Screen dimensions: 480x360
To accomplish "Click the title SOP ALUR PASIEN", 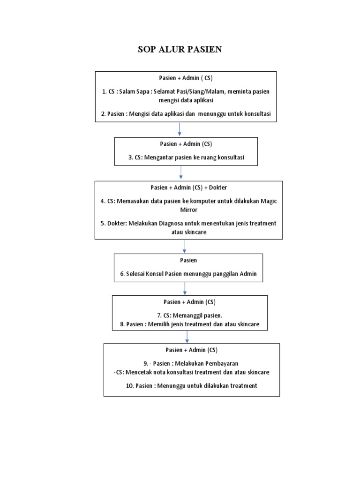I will click(x=180, y=50).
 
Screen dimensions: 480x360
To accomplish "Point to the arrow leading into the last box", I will click(x=187, y=336).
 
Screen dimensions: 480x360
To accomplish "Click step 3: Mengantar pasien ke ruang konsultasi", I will click(x=186, y=158).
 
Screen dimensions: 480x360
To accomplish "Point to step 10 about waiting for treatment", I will click(x=191, y=386).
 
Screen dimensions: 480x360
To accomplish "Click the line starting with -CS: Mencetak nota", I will click(x=191, y=372).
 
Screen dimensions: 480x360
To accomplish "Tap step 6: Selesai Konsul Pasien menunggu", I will click(x=188, y=274).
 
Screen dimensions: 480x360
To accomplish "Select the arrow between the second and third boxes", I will click(x=181, y=173).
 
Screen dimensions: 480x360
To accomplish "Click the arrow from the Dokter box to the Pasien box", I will click(x=184, y=246).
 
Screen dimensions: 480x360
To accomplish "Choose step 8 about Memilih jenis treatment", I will click(x=189, y=324).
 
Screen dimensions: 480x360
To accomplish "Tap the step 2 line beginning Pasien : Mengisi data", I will click(x=186, y=113).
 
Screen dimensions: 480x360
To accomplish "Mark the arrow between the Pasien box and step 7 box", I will click(x=185, y=288).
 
